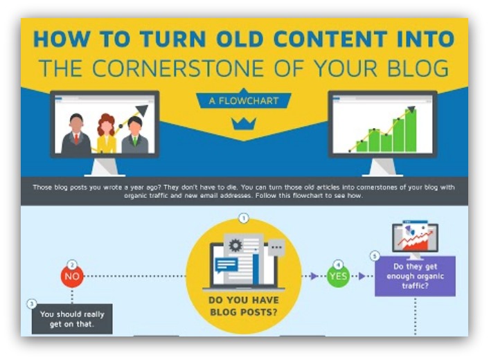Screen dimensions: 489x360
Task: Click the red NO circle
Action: pos(72,276)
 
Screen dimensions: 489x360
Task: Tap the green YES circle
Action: pos(338,276)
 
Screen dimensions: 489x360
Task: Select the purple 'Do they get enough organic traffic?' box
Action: pos(415,276)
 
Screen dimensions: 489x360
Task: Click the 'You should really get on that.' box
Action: pos(72,319)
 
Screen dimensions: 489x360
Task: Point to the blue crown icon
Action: pos(244,124)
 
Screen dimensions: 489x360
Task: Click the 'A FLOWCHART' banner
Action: pos(244,100)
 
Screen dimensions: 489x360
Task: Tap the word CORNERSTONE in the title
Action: pos(178,68)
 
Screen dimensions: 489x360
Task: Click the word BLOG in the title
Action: pos(418,68)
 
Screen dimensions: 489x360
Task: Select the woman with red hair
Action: pos(107,134)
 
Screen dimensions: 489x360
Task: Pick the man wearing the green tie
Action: pos(135,135)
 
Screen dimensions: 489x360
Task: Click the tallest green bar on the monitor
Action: pos(411,130)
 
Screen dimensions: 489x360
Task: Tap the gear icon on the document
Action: pos(235,244)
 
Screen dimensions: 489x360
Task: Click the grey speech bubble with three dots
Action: pos(276,248)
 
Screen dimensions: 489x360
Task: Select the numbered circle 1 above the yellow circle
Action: pos(244,218)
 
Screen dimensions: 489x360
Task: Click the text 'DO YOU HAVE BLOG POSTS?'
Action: pos(244,306)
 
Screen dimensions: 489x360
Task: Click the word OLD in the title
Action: pos(242,39)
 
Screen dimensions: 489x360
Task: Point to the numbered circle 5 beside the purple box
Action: pos(375,256)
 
